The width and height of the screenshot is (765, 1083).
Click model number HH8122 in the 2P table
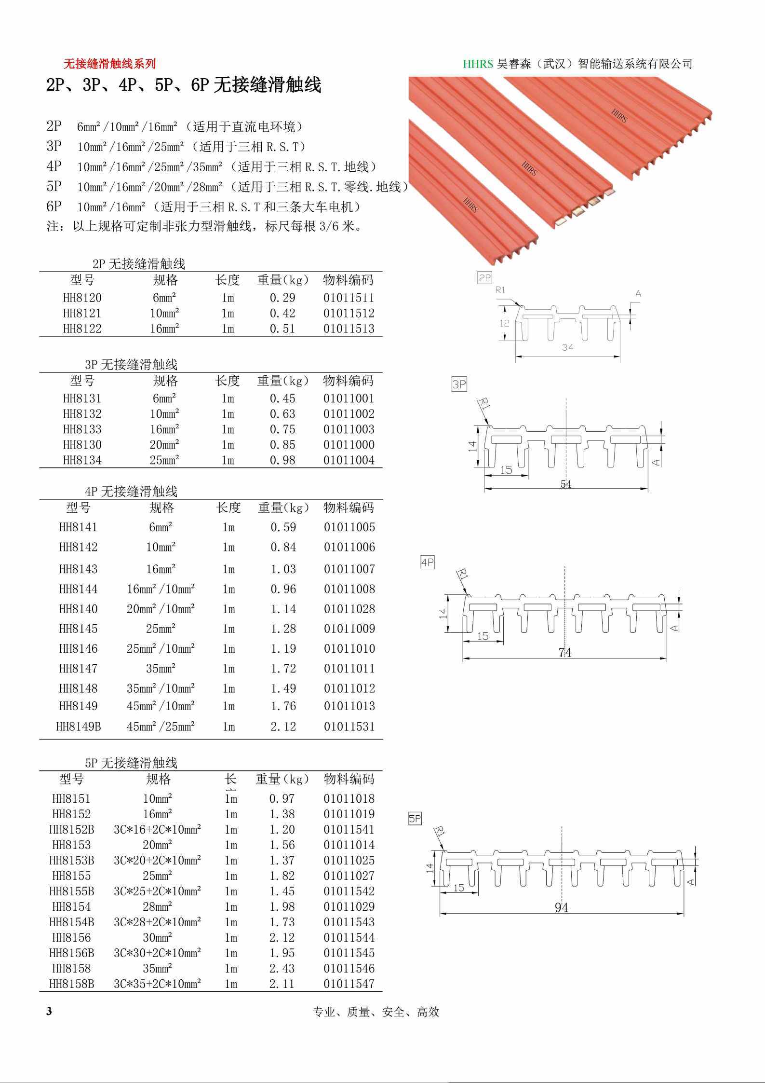[x=82, y=329]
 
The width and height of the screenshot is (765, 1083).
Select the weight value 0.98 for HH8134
[x=282, y=460]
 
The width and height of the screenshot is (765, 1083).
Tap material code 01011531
[x=349, y=727]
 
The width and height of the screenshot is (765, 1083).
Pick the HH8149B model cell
[x=79, y=727]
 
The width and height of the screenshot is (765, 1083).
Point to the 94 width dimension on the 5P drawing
[x=562, y=908]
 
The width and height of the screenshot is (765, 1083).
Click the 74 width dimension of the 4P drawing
[x=565, y=653]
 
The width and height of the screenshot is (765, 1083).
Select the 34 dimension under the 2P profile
[x=567, y=347]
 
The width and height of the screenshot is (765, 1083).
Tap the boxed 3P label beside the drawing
[x=459, y=384]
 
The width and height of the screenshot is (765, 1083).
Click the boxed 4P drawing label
[x=428, y=562]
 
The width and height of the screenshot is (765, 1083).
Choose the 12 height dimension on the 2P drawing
[x=505, y=323]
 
